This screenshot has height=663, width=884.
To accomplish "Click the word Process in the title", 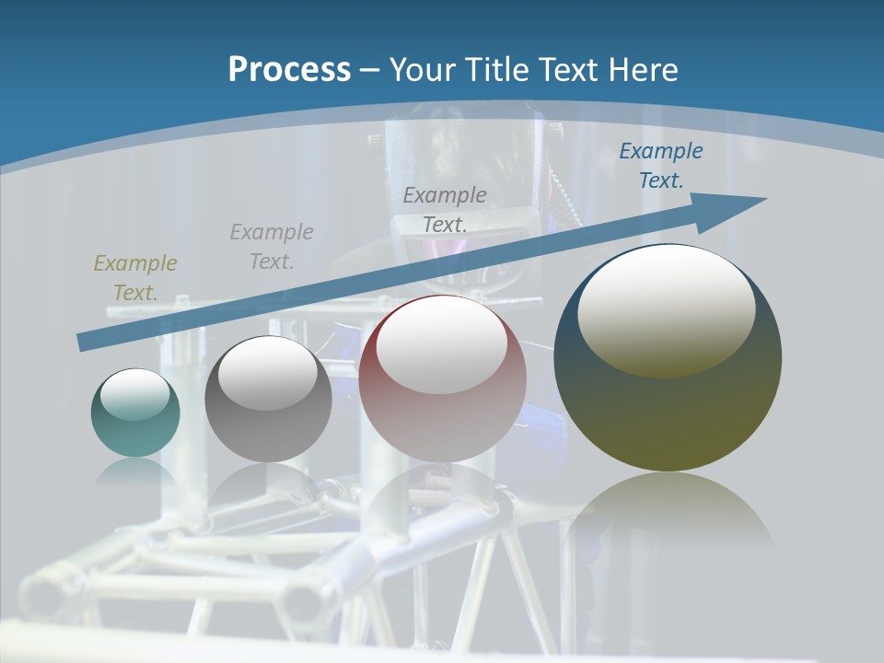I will (x=289, y=70).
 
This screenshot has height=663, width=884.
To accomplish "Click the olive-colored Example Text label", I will (x=135, y=278).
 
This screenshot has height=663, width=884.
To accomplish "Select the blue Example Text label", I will (x=660, y=166).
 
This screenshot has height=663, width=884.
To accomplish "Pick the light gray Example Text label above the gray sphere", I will (x=272, y=247).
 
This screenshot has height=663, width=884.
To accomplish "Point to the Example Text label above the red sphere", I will (x=445, y=209).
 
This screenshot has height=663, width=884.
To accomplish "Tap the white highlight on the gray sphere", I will (x=268, y=373).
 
